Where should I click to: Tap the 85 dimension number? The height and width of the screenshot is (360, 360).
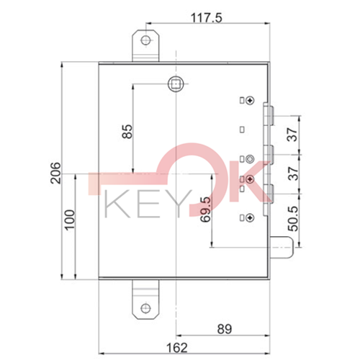coord(127,131)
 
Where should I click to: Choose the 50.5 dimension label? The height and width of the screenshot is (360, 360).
coord(292,217)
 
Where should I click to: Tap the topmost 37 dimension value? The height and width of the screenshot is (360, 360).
coord(292,134)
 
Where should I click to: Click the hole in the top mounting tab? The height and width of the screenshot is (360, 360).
coord(147,40)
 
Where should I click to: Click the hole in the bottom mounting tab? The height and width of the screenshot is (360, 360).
coord(147,307)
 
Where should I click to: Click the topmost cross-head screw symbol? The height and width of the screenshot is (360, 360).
coord(250,101)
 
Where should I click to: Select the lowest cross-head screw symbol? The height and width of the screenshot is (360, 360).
coord(250,215)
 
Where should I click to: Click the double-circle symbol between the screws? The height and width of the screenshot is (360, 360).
coord(250,159)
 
